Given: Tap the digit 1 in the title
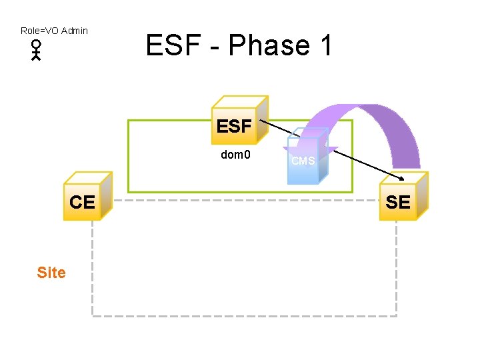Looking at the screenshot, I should pyautogui.click(x=326, y=45).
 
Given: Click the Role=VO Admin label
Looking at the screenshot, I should pyautogui.click(x=54, y=31).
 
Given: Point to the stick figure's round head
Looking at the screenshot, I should pyautogui.click(x=36, y=45).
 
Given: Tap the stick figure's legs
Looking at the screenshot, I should pyautogui.click(x=36, y=57).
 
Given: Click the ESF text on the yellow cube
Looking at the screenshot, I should pyautogui.click(x=233, y=126).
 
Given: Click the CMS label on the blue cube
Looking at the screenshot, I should pyautogui.click(x=303, y=161).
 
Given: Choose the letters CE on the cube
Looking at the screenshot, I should pyautogui.click(x=82, y=203).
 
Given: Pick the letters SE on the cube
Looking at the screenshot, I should pyautogui.click(x=398, y=203).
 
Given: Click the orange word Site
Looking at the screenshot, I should pyautogui.click(x=51, y=272).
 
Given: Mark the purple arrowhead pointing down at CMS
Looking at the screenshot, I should pyautogui.click(x=311, y=153).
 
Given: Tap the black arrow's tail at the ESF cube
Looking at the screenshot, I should pyautogui.click(x=261, y=121).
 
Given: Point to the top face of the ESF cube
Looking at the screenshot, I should pyautogui.click(x=241, y=103).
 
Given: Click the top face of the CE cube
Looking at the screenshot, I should pyautogui.click(x=89, y=180).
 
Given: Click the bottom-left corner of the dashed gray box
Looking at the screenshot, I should pyautogui.click(x=93, y=315).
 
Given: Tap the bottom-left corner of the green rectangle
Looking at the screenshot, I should pyautogui.click(x=128, y=192).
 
